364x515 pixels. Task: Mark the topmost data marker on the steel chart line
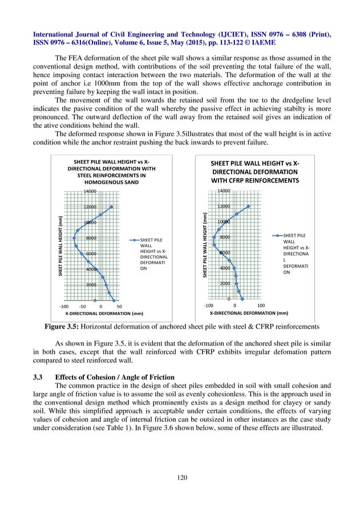pos(111,206)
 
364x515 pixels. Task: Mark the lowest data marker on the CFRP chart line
pos(242,298)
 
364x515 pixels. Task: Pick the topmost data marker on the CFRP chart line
pos(248,206)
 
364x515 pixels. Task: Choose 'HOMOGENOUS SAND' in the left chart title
pos(112,183)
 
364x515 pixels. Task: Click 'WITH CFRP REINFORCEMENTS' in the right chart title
pos(255,181)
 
